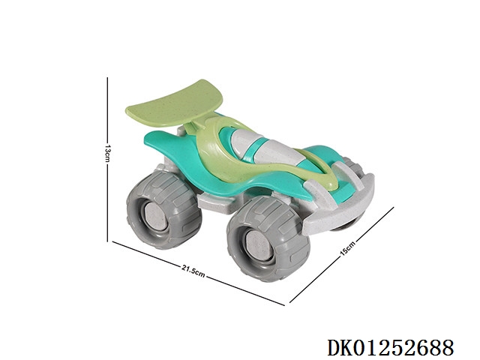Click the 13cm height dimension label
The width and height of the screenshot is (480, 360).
(106, 153)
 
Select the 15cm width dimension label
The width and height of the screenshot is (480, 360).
(348, 248)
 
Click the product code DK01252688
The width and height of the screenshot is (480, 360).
(390, 348)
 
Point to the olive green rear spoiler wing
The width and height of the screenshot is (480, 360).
(175, 104)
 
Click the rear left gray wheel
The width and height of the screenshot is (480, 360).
(163, 209)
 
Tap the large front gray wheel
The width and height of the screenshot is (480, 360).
(268, 238)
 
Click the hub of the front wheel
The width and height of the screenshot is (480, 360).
(259, 245)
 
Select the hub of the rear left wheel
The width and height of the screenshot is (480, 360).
(155, 217)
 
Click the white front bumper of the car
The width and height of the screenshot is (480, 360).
(340, 202)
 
